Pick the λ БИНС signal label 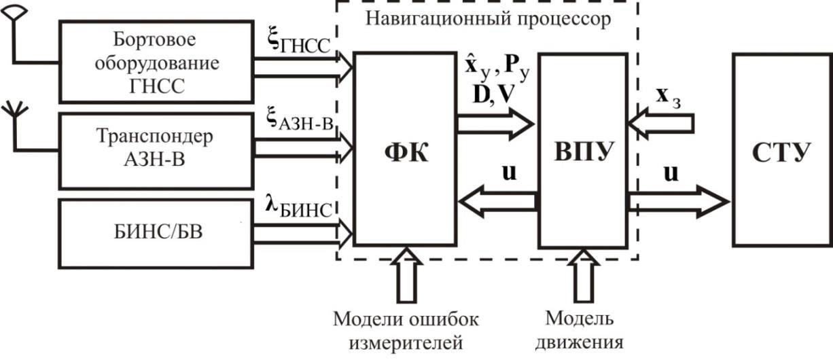tap(298, 208)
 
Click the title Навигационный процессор tap(488, 18)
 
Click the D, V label tap(493, 95)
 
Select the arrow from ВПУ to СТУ tap(676, 202)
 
